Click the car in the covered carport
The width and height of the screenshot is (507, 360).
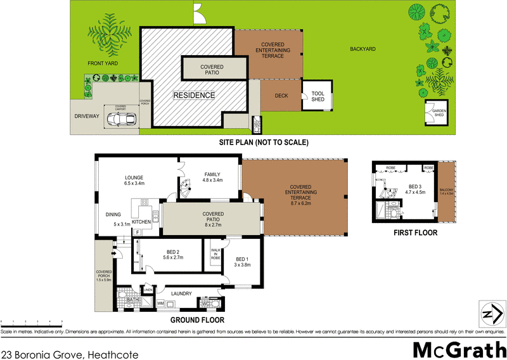pyautogui.click(x=120, y=119)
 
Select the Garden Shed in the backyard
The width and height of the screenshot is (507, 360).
pyautogui.click(x=439, y=114)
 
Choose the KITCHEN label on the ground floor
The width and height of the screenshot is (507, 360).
pyautogui.click(x=142, y=222)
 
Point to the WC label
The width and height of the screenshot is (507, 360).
pyautogui.click(x=206, y=303)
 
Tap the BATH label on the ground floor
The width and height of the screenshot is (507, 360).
pyautogui.click(x=132, y=299)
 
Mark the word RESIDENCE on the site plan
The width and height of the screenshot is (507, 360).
pyautogui.click(x=195, y=96)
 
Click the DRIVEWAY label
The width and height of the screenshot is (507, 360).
pyautogui.click(x=86, y=119)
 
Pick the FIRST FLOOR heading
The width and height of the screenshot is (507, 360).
pyautogui.click(x=415, y=233)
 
